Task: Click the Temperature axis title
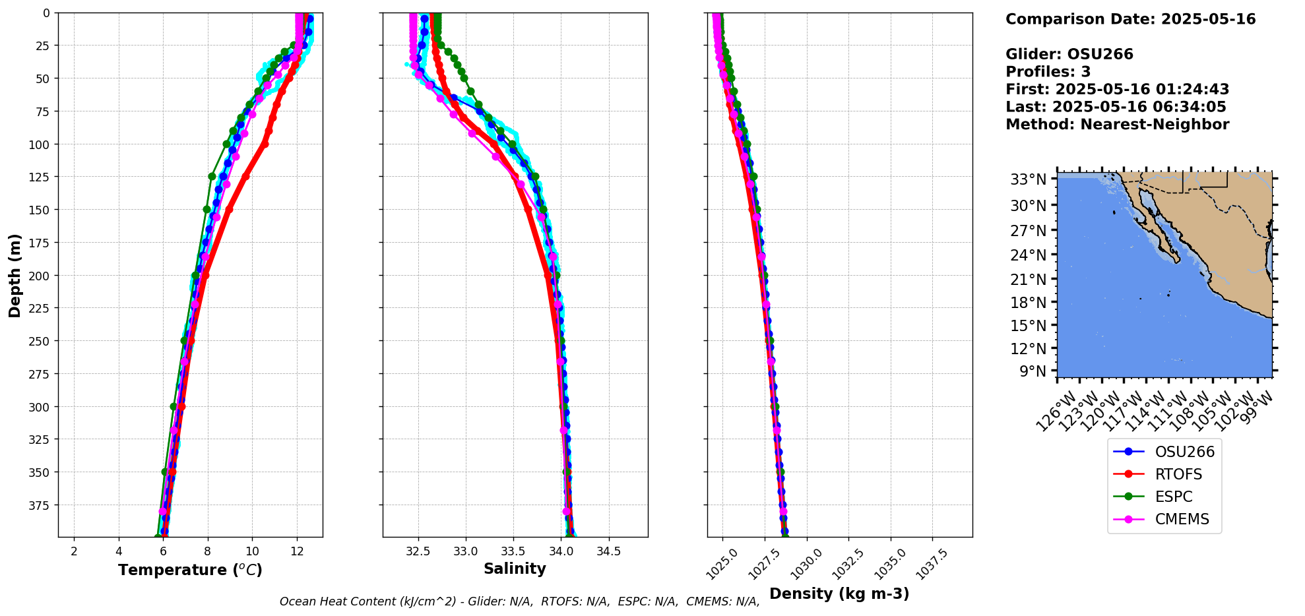[190, 570]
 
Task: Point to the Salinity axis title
[515, 569]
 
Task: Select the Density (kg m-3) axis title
[839, 594]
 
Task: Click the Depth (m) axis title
[15, 275]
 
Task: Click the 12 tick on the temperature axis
[297, 551]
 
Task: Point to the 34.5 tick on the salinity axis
[608, 551]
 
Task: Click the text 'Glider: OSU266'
[1069, 54]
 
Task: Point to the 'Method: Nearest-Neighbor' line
[1117, 125]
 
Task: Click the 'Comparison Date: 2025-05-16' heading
[1130, 19]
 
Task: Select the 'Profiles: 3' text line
[1048, 72]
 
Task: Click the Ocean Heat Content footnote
[519, 601]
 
